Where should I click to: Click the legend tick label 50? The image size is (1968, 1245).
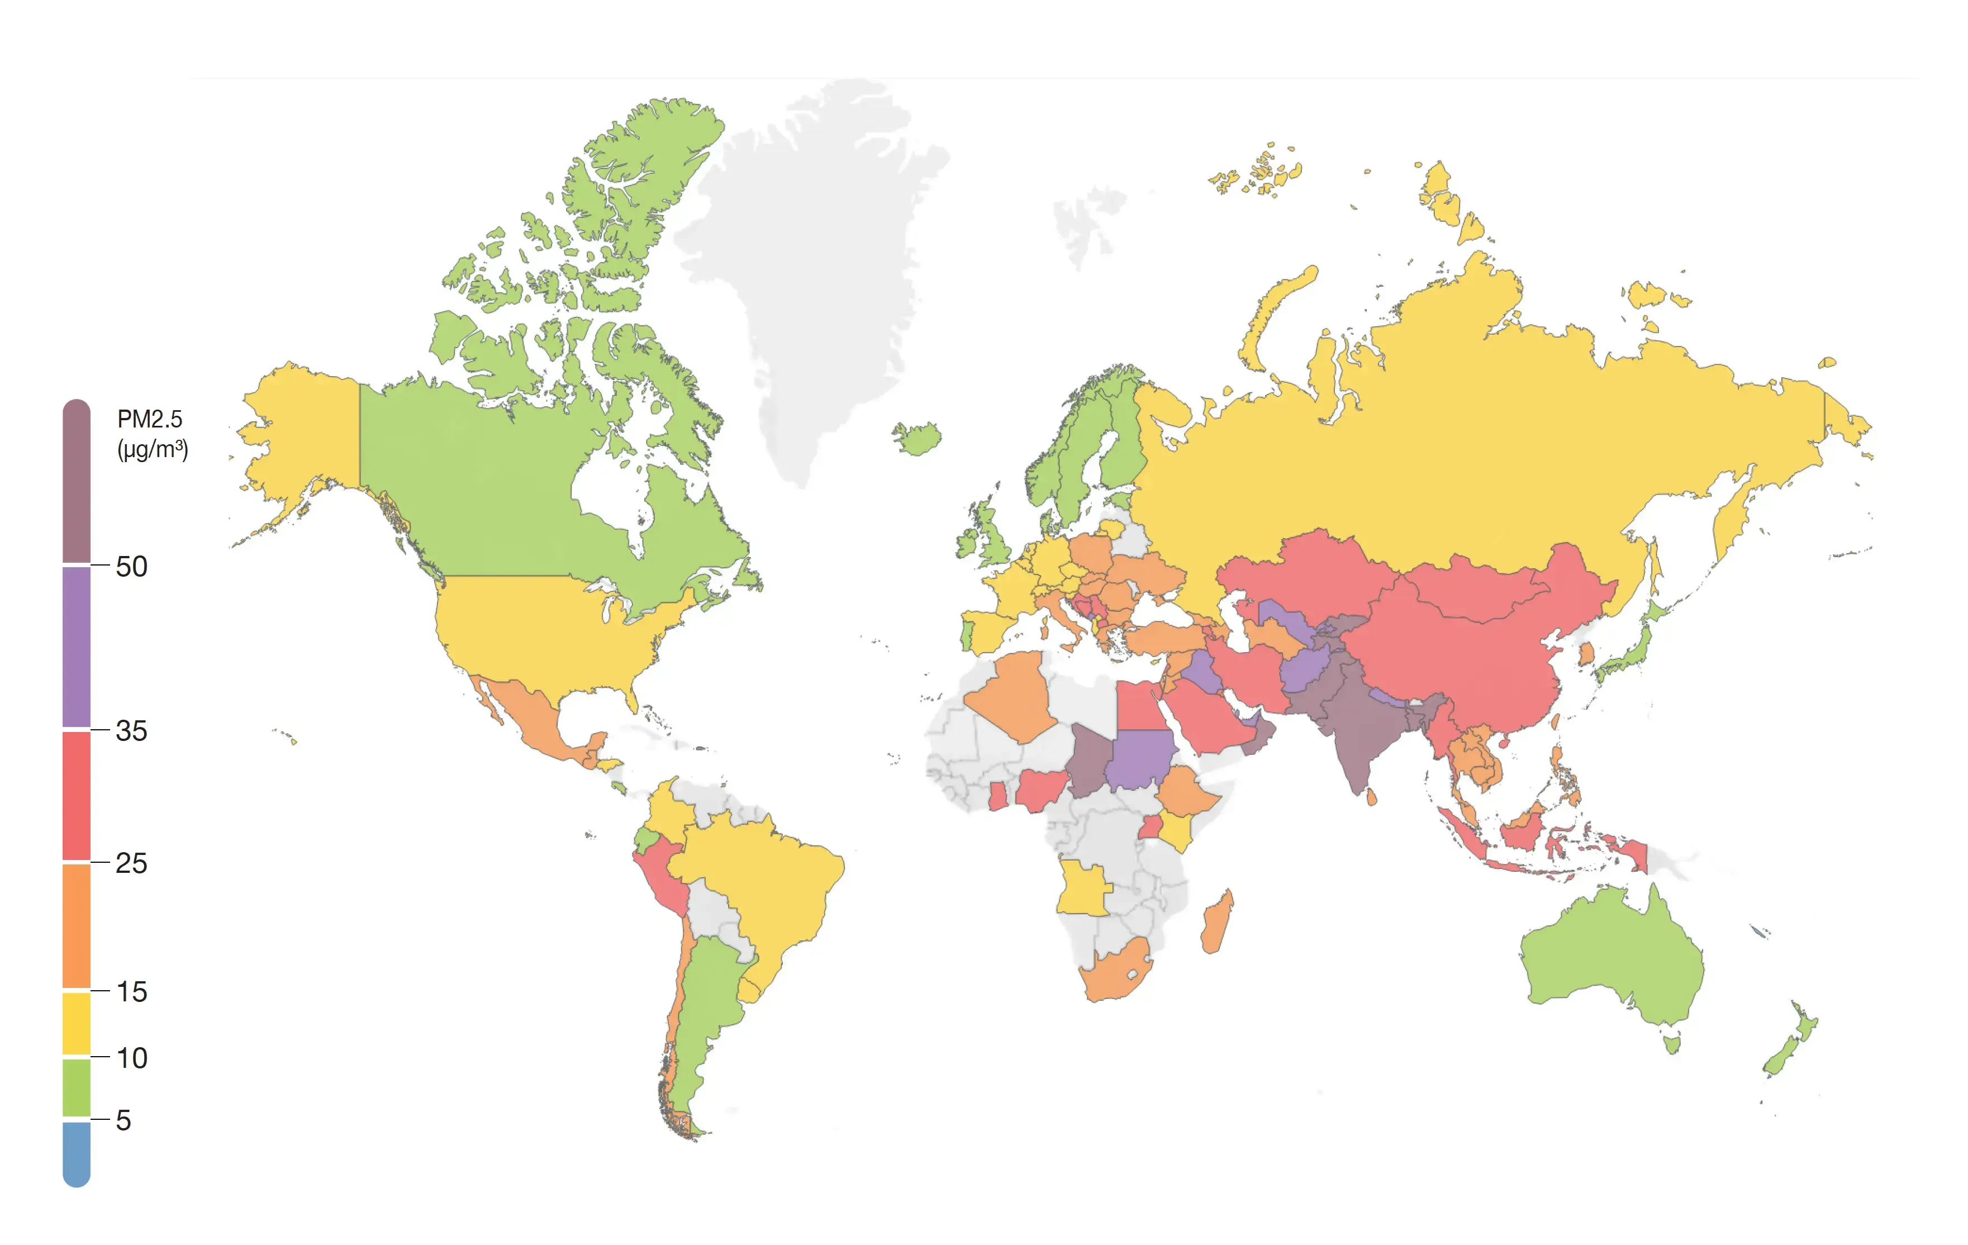click(x=131, y=567)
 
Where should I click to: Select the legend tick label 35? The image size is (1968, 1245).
click(x=131, y=731)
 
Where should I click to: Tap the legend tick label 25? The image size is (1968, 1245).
click(x=131, y=863)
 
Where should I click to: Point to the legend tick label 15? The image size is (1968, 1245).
click(x=131, y=992)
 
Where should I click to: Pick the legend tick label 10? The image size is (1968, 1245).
click(x=131, y=1058)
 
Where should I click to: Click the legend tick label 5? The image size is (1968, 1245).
click(x=123, y=1120)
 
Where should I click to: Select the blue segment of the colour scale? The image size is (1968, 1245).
click(x=76, y=1153)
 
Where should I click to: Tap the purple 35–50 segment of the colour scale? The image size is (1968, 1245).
click(x=76, y=646)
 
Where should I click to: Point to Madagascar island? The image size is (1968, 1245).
click(x=1216, y=924)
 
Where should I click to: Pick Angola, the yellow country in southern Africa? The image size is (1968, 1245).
click(x=1083, y=887)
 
